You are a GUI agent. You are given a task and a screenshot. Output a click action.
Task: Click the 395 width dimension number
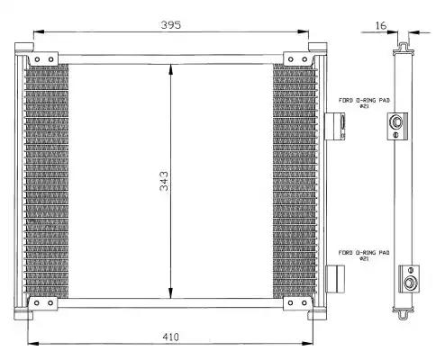[171, 24]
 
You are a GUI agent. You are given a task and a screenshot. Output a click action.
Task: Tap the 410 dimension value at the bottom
[170, 337]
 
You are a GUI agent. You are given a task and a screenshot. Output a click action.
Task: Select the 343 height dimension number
[164, 181]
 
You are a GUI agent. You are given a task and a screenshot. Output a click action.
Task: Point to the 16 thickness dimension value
[381, 26]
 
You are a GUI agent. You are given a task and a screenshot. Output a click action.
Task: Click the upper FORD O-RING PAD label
[364, 103]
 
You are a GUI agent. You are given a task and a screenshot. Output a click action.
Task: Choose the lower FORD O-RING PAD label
[364, 255]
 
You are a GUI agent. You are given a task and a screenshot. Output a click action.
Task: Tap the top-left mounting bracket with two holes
[43, 58]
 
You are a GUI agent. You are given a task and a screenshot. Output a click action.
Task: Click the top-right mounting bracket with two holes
[298, 58]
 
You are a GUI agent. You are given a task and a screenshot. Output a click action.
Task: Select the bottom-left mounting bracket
[43, 303]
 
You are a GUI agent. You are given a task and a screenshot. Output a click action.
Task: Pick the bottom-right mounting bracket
[297, 303]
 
